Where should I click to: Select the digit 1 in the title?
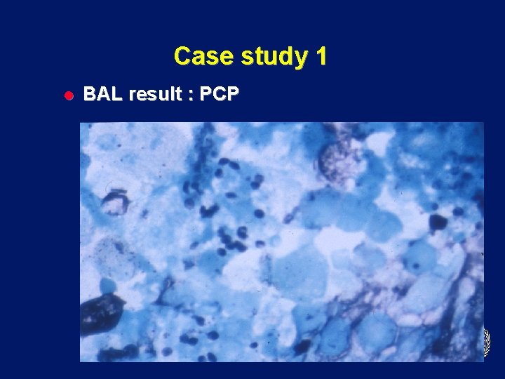(321, 56)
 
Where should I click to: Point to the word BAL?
(100, 95)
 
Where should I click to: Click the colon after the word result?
(189, 95)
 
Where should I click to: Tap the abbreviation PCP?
(219, 95)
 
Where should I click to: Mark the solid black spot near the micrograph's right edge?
(438, 222)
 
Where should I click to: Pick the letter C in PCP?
(219, 95)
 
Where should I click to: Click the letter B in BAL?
(90, 95)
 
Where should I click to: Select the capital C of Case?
(182, 56)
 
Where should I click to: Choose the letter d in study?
(285, 56)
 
